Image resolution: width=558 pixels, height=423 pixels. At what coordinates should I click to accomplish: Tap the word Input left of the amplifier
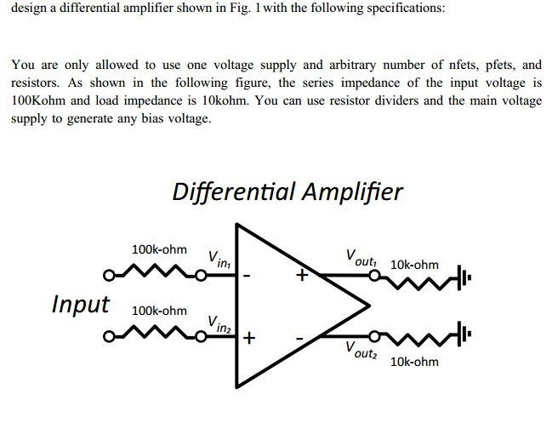click(81, 304)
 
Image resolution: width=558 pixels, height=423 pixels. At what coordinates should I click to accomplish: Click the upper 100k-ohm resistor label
click(159, 249)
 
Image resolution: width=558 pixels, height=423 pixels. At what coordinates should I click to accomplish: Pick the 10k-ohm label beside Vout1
click(414, 265)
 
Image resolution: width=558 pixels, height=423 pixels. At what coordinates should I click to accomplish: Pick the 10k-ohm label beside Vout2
click(414, 362)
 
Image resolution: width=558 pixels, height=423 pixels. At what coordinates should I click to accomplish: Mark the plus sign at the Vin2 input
click(248, 338)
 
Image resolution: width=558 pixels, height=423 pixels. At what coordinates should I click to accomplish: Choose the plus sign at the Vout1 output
click(300, 276)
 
